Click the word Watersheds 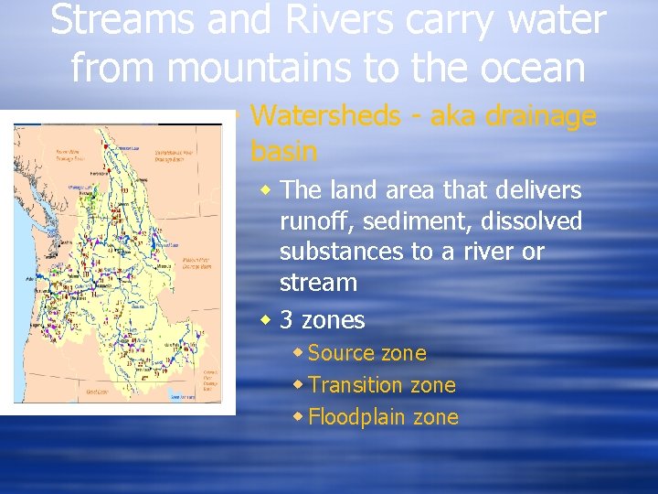(x=325, y=116)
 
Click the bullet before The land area (x=266, y=190)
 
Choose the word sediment (x=406, y=221)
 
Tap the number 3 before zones (x=287, y=320)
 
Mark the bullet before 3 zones (x=266, y=320)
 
